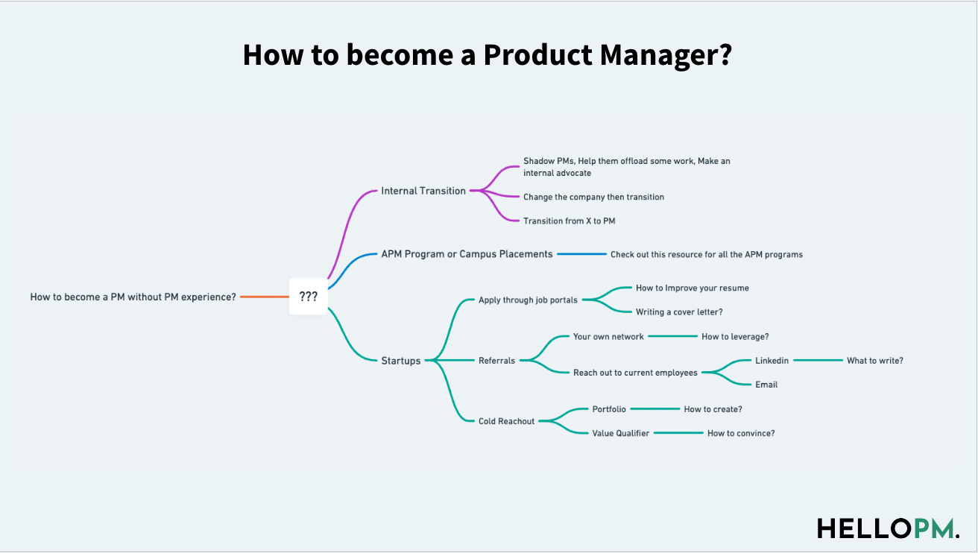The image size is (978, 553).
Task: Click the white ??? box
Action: coord(309,297)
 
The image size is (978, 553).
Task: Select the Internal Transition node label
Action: coord(423,191)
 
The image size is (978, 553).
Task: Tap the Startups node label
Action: coord(401,361)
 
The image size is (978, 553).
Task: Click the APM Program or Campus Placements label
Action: coord(467,254)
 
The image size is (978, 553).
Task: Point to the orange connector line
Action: coord(265,297)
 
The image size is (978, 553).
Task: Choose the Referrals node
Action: coord(496,361)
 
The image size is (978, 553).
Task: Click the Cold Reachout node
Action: coord(506,421)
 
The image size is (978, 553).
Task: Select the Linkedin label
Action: coord(772,361)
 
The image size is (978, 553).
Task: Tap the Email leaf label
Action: coord(766,385)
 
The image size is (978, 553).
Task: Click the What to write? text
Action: coord(874,361)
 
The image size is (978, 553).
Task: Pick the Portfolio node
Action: coord(609,409)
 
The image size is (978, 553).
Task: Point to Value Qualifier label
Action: coord(620,433)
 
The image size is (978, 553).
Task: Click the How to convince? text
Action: coord(741,433)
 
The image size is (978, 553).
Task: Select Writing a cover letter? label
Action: coord(679,312)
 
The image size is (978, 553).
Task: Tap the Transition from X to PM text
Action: coord(569,221)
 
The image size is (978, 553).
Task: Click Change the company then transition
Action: coord(593,197)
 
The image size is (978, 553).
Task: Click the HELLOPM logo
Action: coord(888,528)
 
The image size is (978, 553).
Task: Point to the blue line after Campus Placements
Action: coord(581,254)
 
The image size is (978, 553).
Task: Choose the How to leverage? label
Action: coord(735,337)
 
